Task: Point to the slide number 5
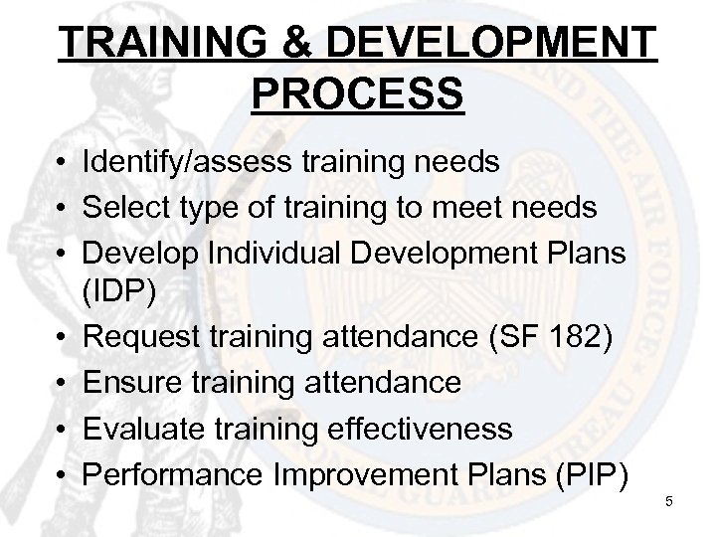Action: (x=669, y=501)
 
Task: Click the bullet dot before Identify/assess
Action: (x=61, y=163)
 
